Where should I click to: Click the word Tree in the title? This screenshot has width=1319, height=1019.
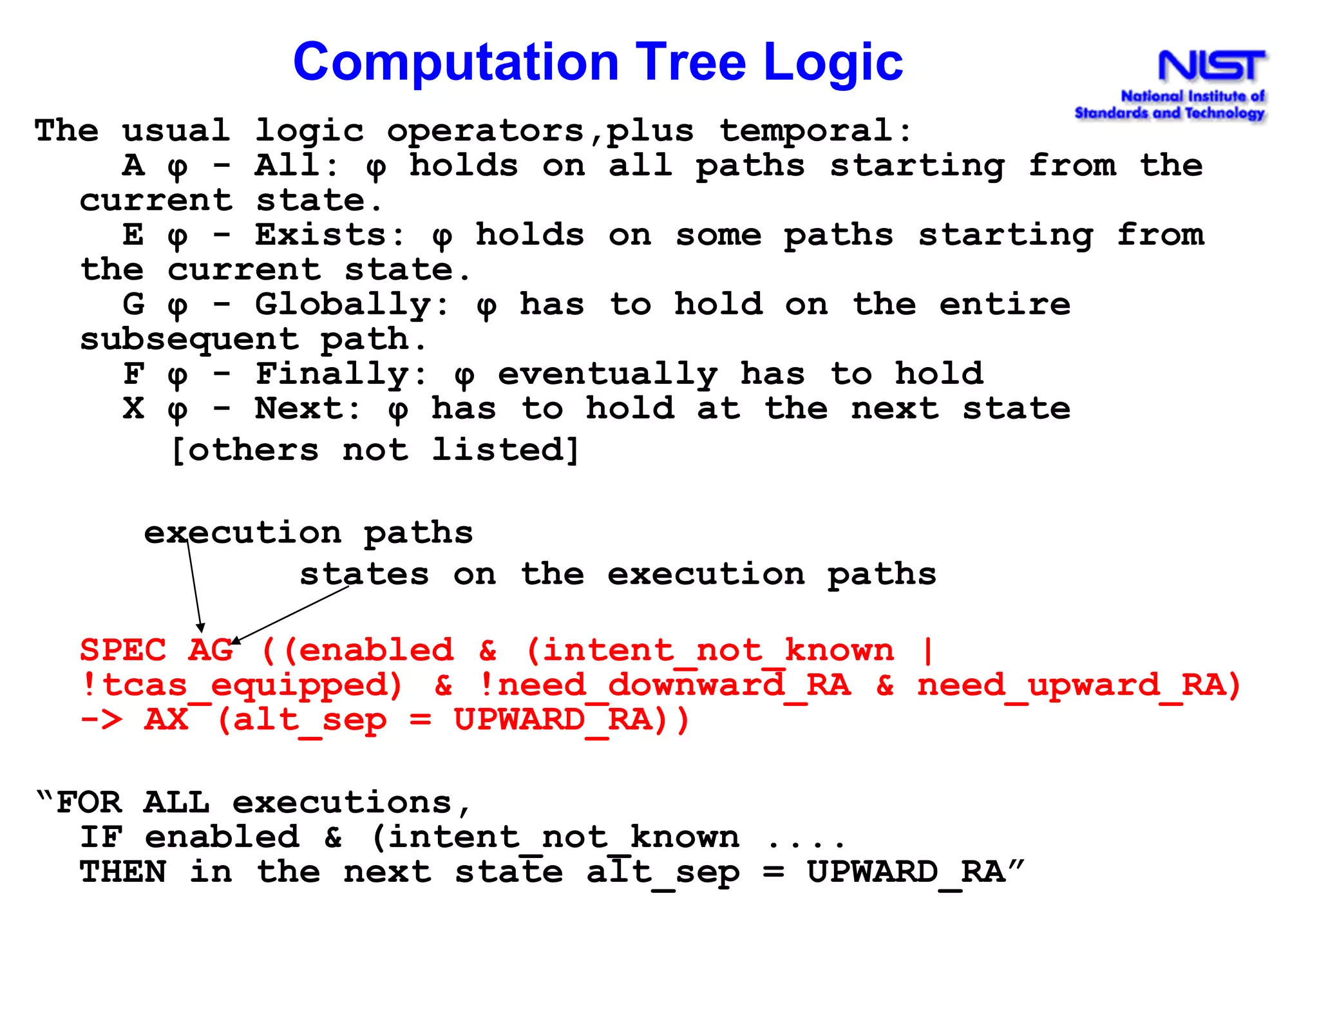pos(692,62)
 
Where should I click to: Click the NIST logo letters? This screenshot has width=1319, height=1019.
pos(1212,66)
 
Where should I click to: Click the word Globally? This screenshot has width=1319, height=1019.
pos(343,305)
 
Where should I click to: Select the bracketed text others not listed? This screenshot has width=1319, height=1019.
pos(375,450)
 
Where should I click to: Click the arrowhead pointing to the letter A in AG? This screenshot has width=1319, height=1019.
pos(201,627)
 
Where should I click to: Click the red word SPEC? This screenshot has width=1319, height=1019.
pos(122,651)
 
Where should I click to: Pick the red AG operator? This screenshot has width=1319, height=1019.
pos(210,651)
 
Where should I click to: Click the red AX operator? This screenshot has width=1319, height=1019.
pos(166,720)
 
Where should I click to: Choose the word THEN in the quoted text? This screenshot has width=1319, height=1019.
pos(122,872)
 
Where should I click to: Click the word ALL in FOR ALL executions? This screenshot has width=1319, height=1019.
pos(176,803)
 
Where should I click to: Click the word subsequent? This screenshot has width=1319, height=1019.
pos(189,339)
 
